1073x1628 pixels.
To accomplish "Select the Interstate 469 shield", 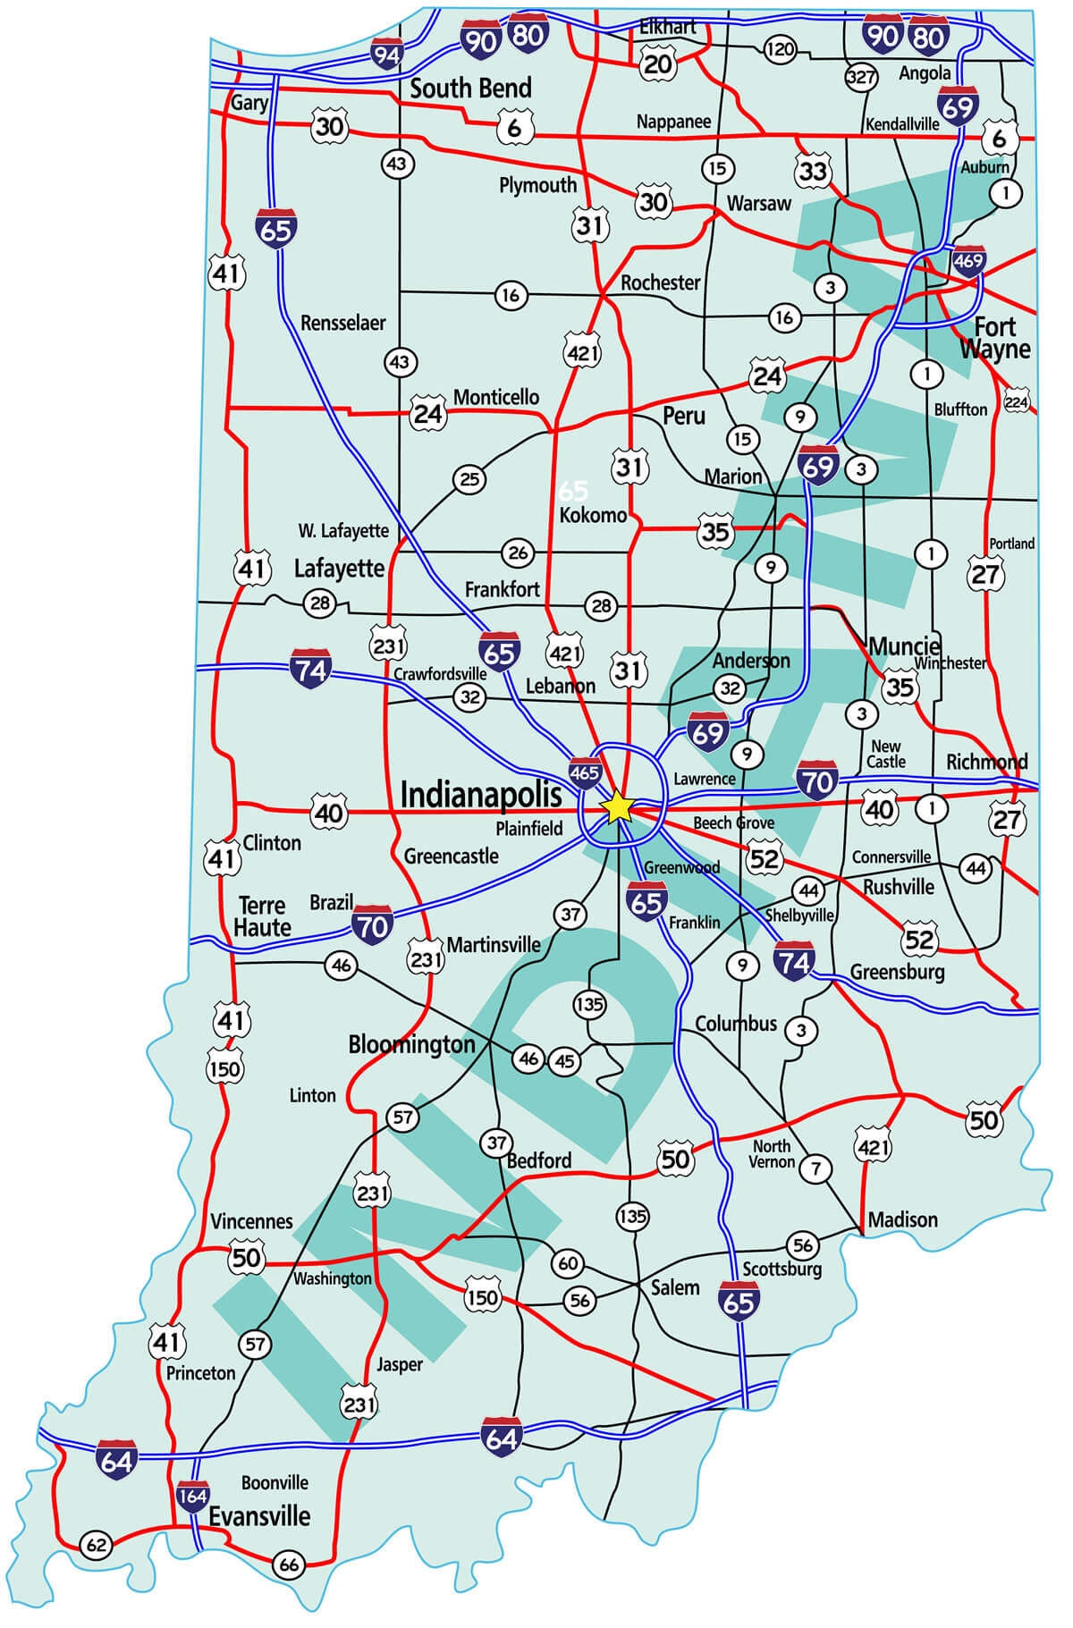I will [x=968, y=261].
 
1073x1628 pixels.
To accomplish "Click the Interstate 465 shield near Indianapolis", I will [x=584, y=772].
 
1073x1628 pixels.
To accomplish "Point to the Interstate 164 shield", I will [x=192, y=1495].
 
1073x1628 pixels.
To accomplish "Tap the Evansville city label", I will [x=259, y=1516].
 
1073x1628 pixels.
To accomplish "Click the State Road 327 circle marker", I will [x=860, y=77].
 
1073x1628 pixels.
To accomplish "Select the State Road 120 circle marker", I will [x=780, y=49].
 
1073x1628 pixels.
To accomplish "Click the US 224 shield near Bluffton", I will [x=1017, y=402].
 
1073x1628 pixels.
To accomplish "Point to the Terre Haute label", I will [x=262, y=916].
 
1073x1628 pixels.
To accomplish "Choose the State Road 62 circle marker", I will [x=96, y=1544].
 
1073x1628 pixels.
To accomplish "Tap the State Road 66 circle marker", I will [x=289, y=1565].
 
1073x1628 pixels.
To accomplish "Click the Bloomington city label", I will [x=411, y=1044].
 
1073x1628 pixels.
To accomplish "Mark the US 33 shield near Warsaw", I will [x=812, y=170].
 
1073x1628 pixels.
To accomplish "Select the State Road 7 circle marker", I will [x=815, y=1168].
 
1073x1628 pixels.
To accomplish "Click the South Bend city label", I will [x=470, y=88].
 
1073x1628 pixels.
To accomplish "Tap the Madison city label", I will [x=903, y=1219].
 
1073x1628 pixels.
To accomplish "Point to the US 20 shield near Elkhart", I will [x=657, y=63].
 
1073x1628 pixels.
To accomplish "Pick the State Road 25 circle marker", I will [x=470, y=479].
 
